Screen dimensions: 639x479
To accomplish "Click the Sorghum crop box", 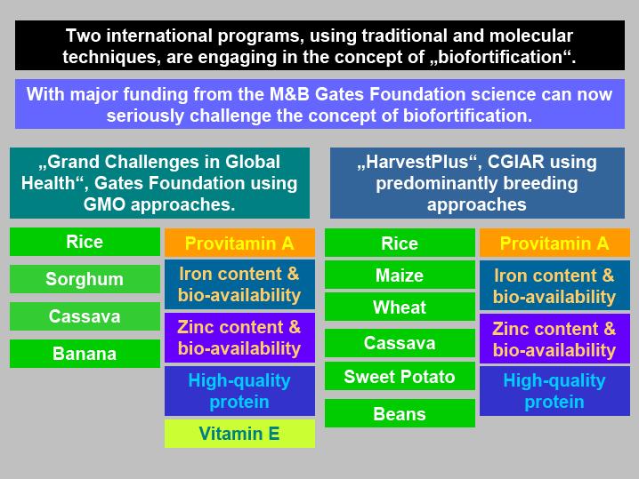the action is pyautogui.click(x=85, y=279).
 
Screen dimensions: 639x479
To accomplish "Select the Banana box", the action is pyautogui.click(x=85, y=354).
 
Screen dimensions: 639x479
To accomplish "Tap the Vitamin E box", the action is pyautogui.click(x=239, y=434).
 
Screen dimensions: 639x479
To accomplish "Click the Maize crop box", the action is pyautogui.click(x=400, y=275).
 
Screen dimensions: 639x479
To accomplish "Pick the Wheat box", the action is pyautogui.click(x=400, y=307).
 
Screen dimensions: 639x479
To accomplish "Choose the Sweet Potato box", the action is pyautogui.click(x=400, y=377).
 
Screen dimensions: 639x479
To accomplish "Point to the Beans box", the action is pyautogui.click(x=400, y=413).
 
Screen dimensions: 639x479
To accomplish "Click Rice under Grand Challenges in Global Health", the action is pyautogui.click(x=85, y=242).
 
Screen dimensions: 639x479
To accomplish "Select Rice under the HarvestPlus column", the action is pyautogui.click(x=400, y=243).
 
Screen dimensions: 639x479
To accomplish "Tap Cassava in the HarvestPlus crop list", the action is pyautogui.click(x=400, y=343).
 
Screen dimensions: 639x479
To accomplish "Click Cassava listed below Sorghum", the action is pyautogui.click(x=85, y=316).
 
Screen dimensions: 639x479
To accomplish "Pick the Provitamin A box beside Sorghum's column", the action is pyautogui.click(x=239, y=243).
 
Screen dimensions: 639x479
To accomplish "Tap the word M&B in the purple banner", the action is pyautogui.click(x=290, y=94).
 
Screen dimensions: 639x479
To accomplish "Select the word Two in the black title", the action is pyautogui.click(x=84, y=36).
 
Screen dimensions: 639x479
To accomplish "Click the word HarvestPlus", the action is pyautogui.click(x=417, y=162).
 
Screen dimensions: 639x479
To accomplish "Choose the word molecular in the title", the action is pyautogui.click(x=531, y=36).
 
